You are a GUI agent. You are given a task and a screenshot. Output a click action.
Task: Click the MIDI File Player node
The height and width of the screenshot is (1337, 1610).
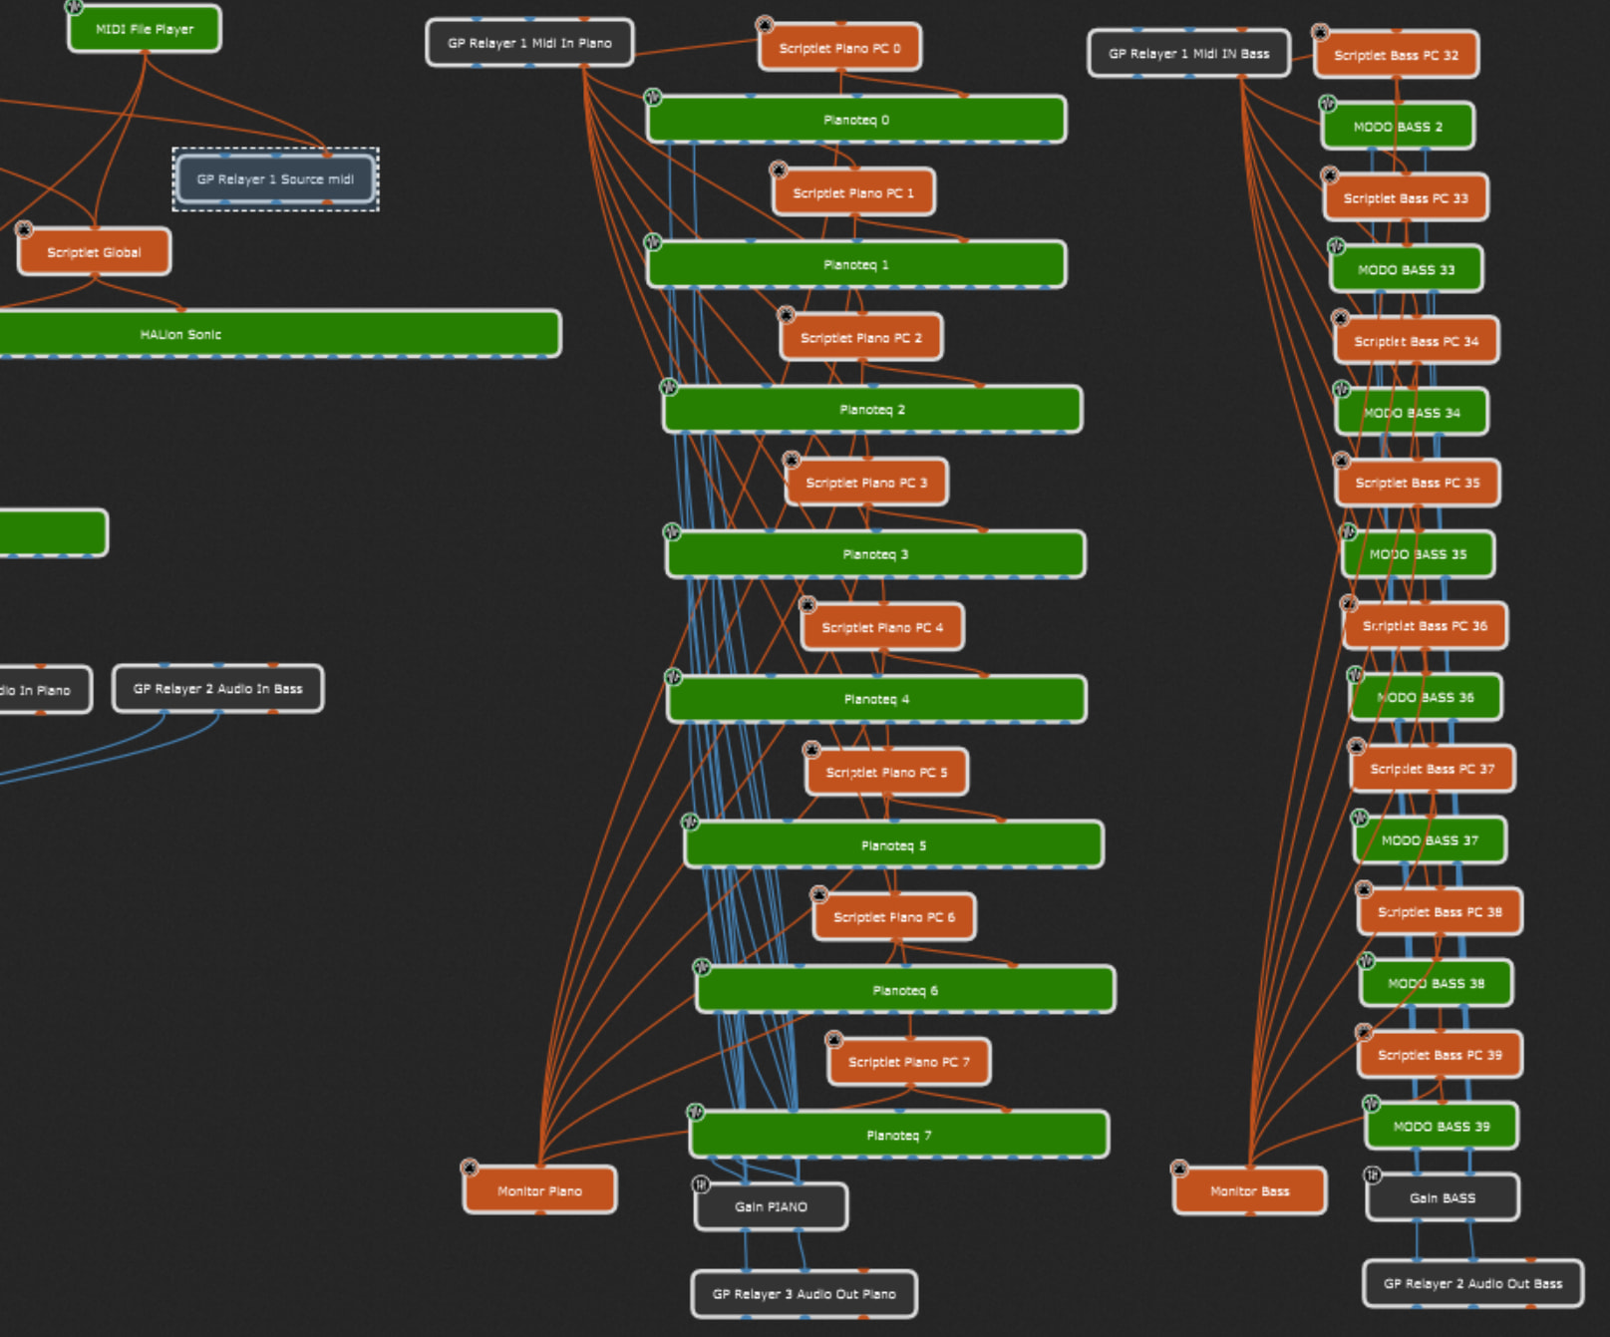click(x=145, y=29)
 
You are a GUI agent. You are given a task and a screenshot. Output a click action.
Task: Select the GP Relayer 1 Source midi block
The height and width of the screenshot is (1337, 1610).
click(x=275, y=179)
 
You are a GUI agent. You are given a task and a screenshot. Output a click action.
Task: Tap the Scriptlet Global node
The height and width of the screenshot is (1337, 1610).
click(x=94, y=252)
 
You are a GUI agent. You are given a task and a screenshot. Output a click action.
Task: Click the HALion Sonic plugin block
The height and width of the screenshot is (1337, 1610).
click(x=180, y=334)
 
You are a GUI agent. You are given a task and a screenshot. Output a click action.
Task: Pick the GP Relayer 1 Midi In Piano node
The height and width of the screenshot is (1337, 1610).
click(x=529, y=43)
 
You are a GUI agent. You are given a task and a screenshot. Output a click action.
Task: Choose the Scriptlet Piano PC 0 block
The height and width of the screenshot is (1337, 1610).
click(x=839, y=48)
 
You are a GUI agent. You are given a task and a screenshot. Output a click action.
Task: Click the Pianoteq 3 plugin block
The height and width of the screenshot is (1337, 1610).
click(x=875, y=554)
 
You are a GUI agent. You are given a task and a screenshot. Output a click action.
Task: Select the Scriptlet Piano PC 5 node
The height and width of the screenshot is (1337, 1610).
click(x=886, y=773)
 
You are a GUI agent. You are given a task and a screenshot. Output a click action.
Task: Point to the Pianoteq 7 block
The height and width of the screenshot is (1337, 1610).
click(x=898, y=1135)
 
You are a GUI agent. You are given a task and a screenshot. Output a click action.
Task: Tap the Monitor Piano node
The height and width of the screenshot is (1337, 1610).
click(x=539, y=1190)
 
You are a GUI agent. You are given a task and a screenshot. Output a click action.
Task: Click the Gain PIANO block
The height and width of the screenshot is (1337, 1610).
click(x=771, y=1206)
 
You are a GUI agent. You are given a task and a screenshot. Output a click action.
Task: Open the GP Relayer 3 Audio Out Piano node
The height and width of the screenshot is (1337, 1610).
click(x=804, y=1294)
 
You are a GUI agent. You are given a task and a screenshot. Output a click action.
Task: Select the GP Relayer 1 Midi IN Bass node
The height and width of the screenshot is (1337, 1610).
click(x=1188, y=54)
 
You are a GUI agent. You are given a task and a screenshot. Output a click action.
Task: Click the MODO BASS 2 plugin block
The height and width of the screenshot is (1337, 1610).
click(x=1398, y=127)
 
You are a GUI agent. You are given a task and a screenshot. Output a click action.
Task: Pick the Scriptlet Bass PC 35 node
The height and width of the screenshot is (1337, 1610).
click(x=1417, y=483)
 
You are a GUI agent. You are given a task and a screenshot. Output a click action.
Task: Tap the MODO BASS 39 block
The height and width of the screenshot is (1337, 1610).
click(x=1441, y=1127)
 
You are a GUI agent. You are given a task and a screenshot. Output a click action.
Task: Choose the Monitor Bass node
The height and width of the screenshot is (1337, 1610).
click(x=1249, y=1190)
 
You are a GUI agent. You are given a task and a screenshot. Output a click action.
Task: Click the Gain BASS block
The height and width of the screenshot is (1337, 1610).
click(x=1442, y=1197)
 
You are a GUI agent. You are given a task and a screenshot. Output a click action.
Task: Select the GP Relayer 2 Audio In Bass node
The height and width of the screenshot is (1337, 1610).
click(x=217, y=689)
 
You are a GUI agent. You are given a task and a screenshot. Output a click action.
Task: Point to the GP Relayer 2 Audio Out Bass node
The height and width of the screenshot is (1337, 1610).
click(x=1472, y=1283)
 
